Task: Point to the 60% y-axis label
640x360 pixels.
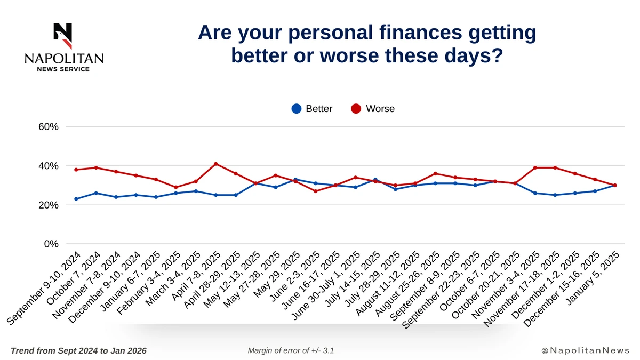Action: click(47, 127)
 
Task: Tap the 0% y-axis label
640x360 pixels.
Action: click(51, 244)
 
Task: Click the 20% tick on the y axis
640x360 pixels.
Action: click(47, 205)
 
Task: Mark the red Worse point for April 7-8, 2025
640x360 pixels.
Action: click(215, 164)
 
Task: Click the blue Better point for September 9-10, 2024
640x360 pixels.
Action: click(76, 199)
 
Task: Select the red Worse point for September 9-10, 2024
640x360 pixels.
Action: click(76, 170)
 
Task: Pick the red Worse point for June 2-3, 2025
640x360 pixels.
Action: click(316, 191)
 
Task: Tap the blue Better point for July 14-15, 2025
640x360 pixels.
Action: click(375, 179)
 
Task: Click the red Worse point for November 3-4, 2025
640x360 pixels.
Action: click(535, 167)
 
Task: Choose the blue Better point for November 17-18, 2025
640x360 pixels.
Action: click(555, 195)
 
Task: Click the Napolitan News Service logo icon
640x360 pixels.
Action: click(63, 35)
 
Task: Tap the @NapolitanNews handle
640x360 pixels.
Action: click(585, 350)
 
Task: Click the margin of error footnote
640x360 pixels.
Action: click(291, 350)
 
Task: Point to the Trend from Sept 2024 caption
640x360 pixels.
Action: click(78, 350)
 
